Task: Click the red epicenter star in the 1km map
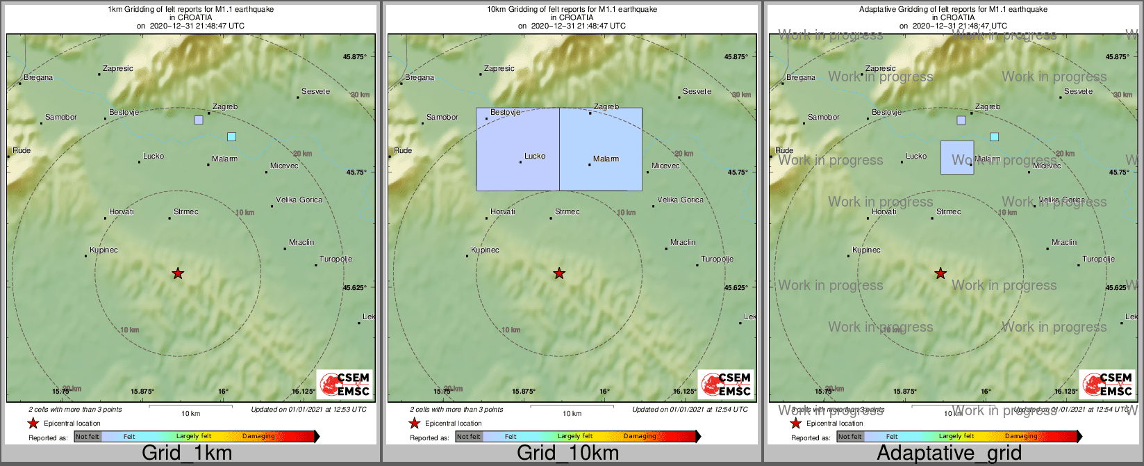(x=178, y=273)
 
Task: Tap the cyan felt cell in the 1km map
(x=231, y=136)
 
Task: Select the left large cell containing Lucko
(x=517, y=149)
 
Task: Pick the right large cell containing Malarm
(x=601, y=149)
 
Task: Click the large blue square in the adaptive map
(x=956, y=157)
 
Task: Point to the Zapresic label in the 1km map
(x=118, y=68)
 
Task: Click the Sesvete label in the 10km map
(x=697, y=91)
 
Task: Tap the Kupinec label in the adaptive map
(x=866, y=250)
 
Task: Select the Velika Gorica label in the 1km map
(x=299, y=200)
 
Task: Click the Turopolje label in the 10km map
(x=717, y=259)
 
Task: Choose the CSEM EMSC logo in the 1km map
(x=345, y=384)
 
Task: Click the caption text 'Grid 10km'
(x=567, y=453)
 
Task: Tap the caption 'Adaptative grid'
(x=949, y=453)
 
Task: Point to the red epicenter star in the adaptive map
(x=940, y=273)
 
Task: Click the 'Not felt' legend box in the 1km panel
(x=88, y=437)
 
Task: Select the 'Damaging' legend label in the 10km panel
(x=640, y=437)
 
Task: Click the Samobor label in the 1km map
(x=61, y=117)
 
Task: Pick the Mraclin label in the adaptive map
(x=1063, y=242)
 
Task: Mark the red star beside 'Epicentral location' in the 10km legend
(x=414, y=423)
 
